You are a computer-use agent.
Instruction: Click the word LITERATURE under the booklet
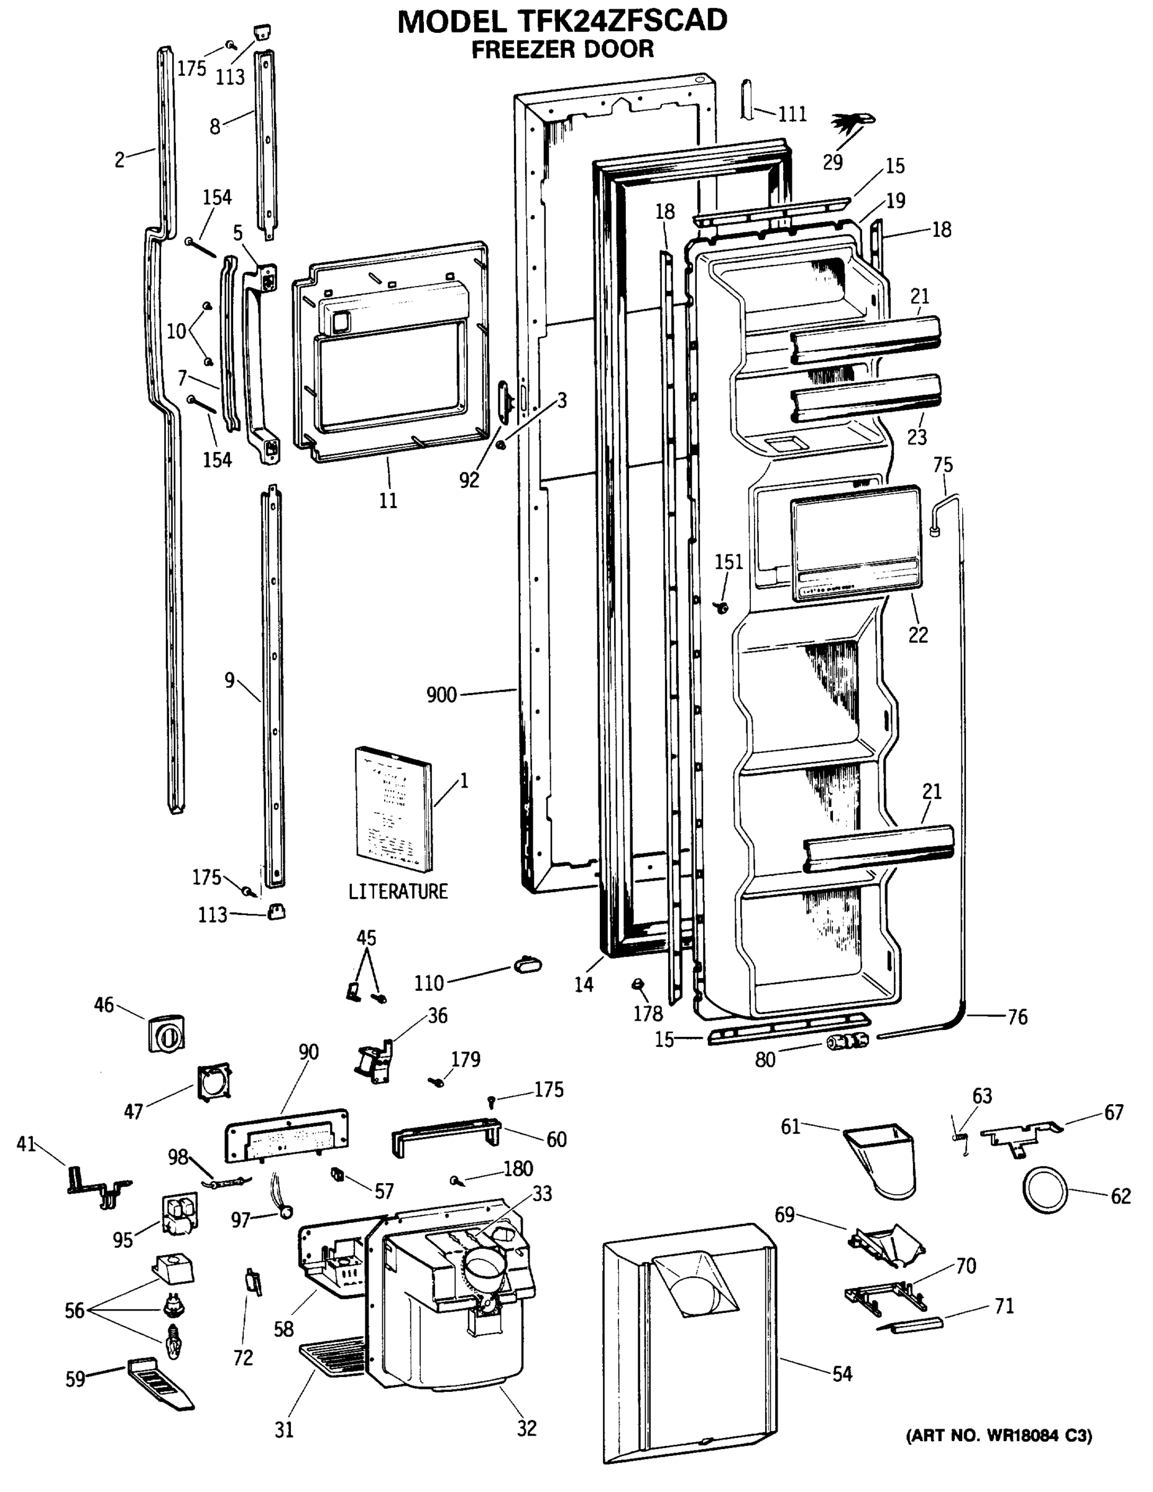pos(398,891)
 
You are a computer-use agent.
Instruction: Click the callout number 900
pos(441,695)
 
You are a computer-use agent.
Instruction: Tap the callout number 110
pos(429,983)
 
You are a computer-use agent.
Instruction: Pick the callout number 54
pos(842,1373)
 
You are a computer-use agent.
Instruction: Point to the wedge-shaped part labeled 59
pos(160,1383)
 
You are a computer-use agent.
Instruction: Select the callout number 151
pos(728,562)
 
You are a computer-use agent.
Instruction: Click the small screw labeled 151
pos(719,606)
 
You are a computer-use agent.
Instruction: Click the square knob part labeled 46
pos(166,1034)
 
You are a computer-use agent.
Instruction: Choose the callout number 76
pos(1017,1017)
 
